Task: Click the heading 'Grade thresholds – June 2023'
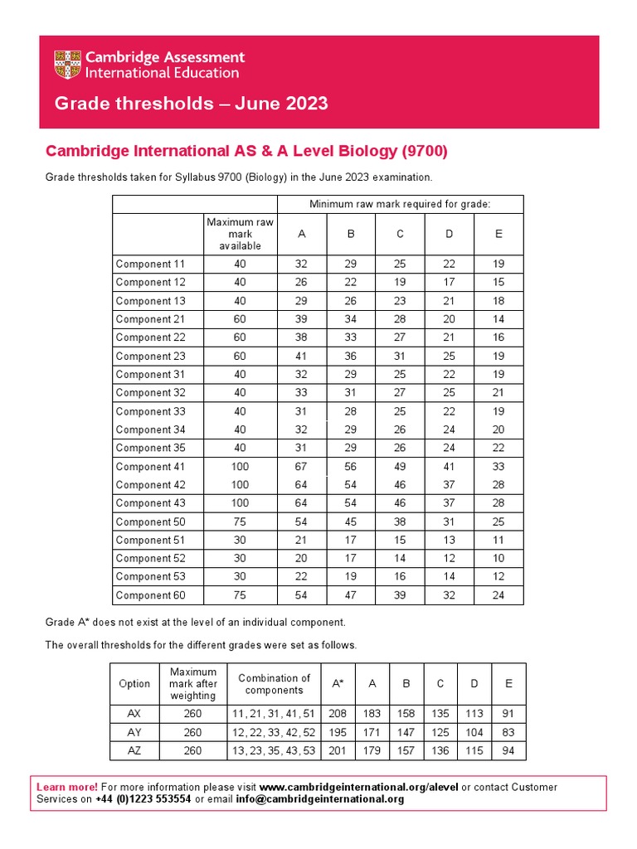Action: point(191,104)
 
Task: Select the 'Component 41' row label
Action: point(150,467)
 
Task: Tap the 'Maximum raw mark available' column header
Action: point(240,234)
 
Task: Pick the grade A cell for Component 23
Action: point(301,356)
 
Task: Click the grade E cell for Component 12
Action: point(498,283)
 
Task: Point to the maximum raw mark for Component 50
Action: point(240,522)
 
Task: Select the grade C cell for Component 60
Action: point(400,595)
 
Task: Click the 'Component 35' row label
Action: point(150,448)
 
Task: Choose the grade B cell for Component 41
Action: point(351,467)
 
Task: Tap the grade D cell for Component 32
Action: point(449,393)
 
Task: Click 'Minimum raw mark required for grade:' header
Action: point(400,204)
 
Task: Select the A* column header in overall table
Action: point(338,684)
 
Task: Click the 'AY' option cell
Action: point(134,732)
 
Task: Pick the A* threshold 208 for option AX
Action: point(338,714)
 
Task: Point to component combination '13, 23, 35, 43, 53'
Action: point(274,750)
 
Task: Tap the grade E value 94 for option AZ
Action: point(508,750)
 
